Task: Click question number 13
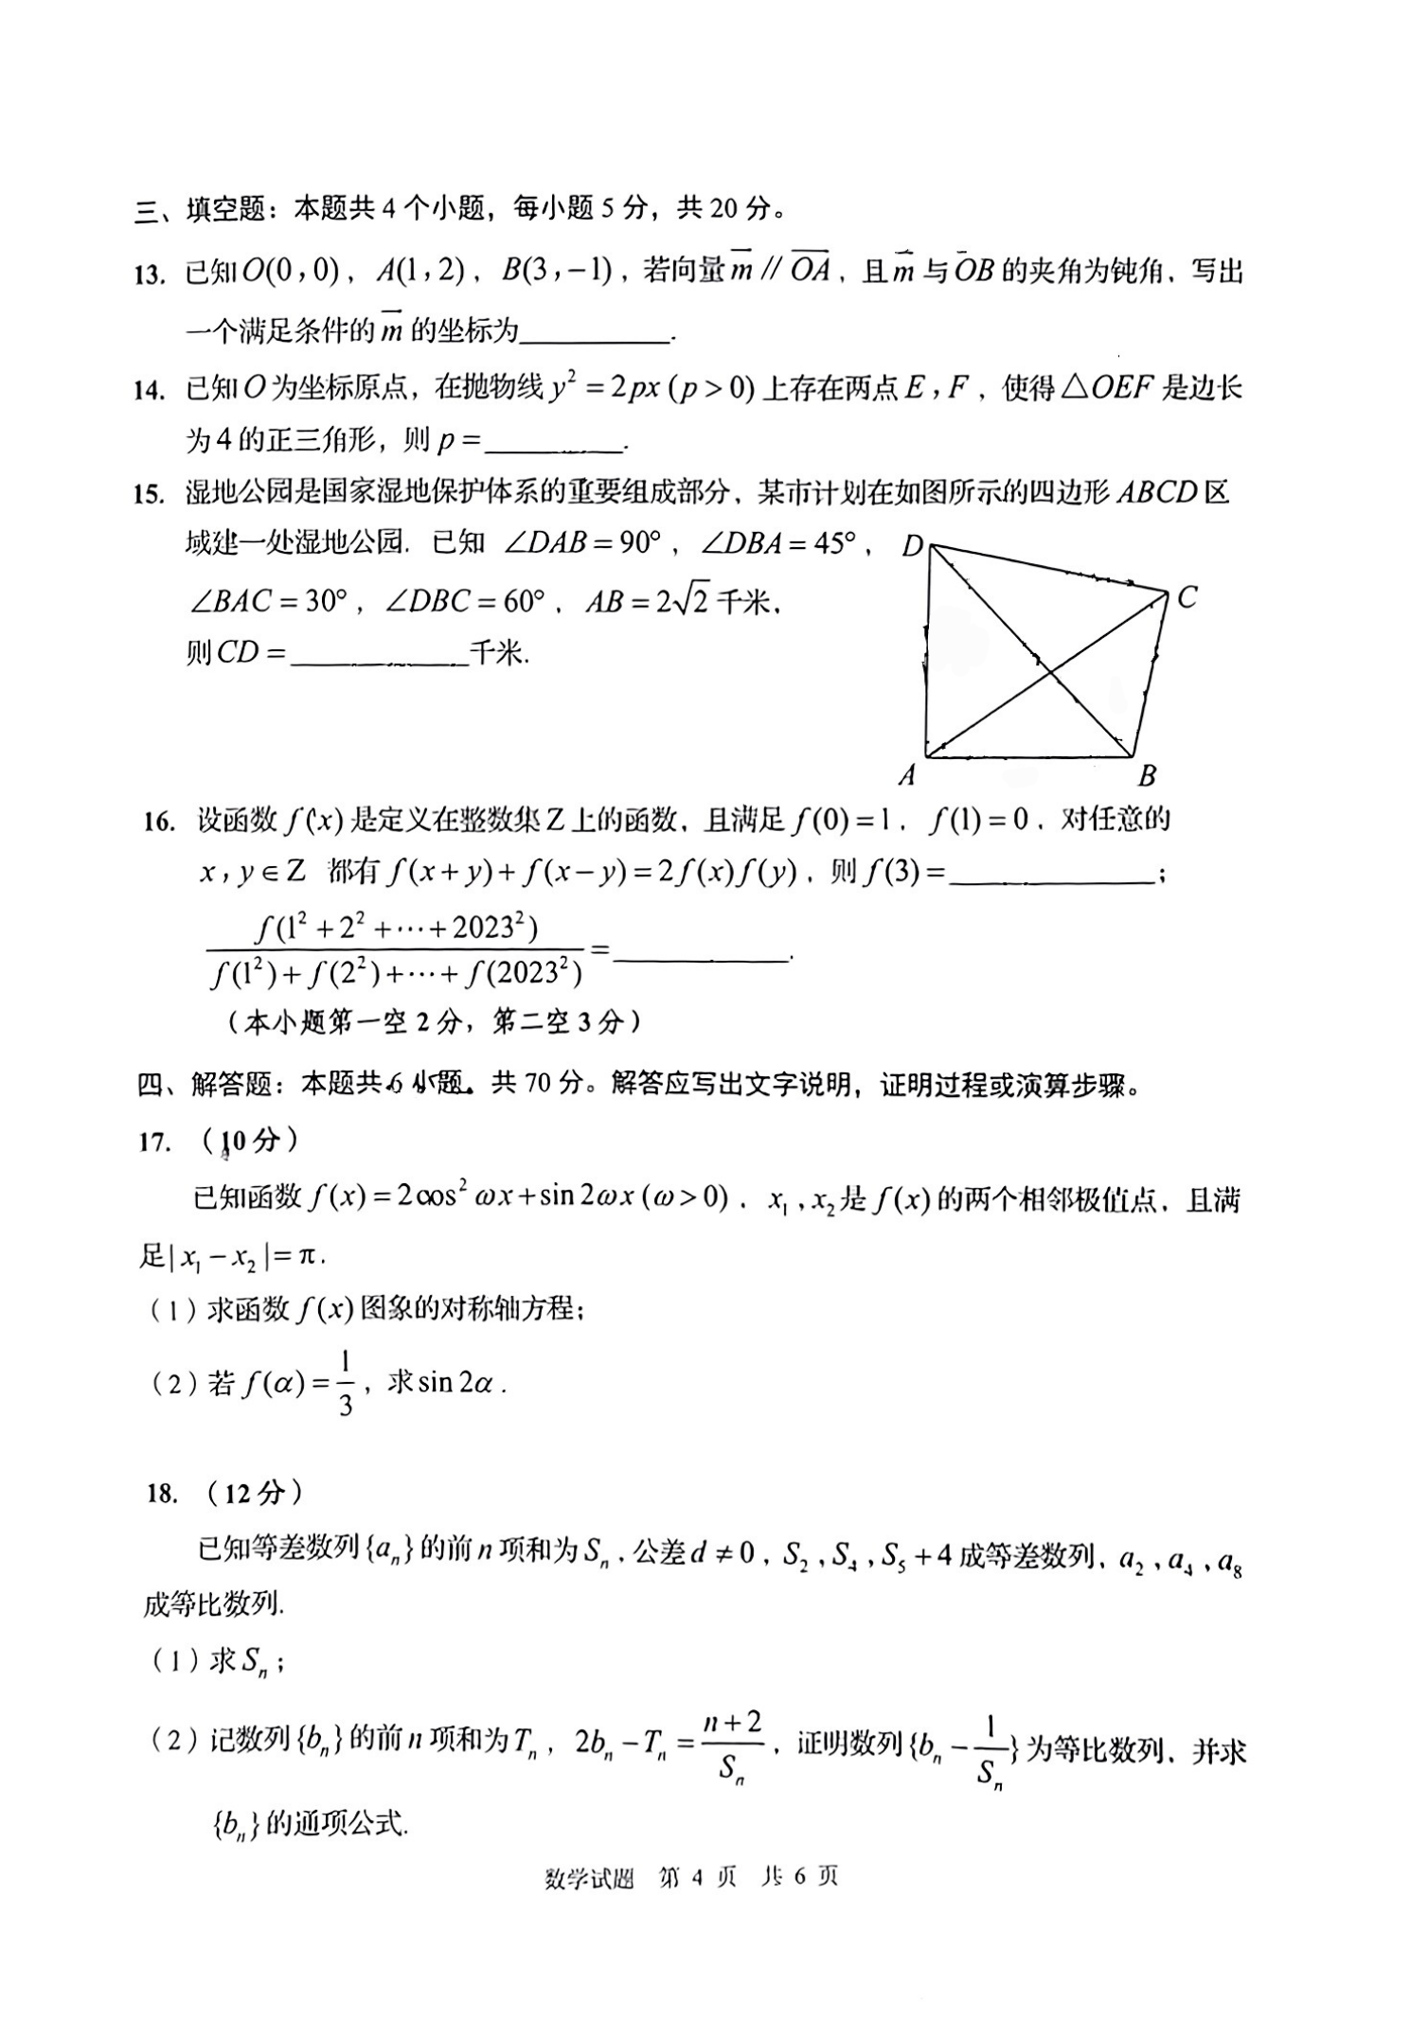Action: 150,274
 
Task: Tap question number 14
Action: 150,389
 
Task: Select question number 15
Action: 150,494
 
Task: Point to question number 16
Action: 159,821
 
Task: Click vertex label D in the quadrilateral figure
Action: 912,546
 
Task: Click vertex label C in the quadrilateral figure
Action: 1187,597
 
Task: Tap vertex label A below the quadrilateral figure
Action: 907,776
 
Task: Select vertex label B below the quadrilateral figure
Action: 1147,776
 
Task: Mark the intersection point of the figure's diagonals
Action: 1049,672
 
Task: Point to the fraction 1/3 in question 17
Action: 346,1385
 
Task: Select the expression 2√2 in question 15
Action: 682,601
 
